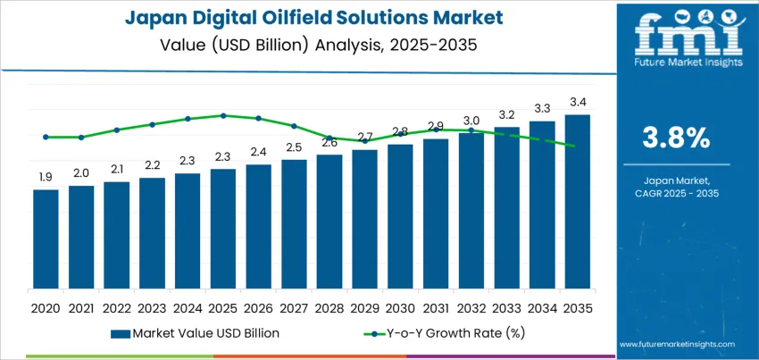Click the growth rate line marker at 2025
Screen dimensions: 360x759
click(x=223, y=115)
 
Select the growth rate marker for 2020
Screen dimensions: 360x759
click(x=46, y=137)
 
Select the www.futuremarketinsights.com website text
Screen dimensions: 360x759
click(x=676, y=344)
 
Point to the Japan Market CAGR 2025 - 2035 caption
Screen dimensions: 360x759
click(x=676, y=187)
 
